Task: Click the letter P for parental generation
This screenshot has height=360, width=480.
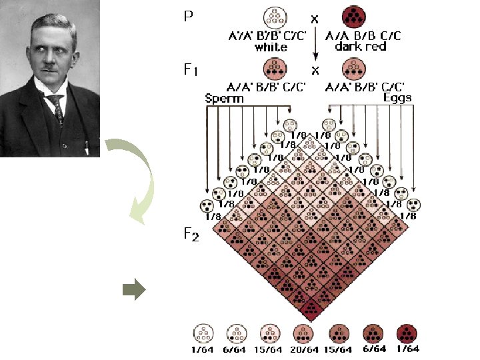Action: coord(189,15)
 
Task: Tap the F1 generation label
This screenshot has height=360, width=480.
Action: coord(191,69)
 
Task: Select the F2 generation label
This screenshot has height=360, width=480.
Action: coord(191,234)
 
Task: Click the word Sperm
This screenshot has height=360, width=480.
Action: coord(224,98)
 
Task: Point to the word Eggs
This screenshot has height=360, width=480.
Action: coord(397,97)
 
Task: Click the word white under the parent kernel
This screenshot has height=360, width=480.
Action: coord(271,47)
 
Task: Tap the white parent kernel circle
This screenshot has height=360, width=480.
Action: coord(275,17)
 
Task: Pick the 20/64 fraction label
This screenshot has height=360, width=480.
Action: coord(303,349)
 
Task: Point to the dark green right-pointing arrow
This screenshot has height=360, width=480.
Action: coord(134,289)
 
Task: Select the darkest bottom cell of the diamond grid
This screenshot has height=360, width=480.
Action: coord(311,307)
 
